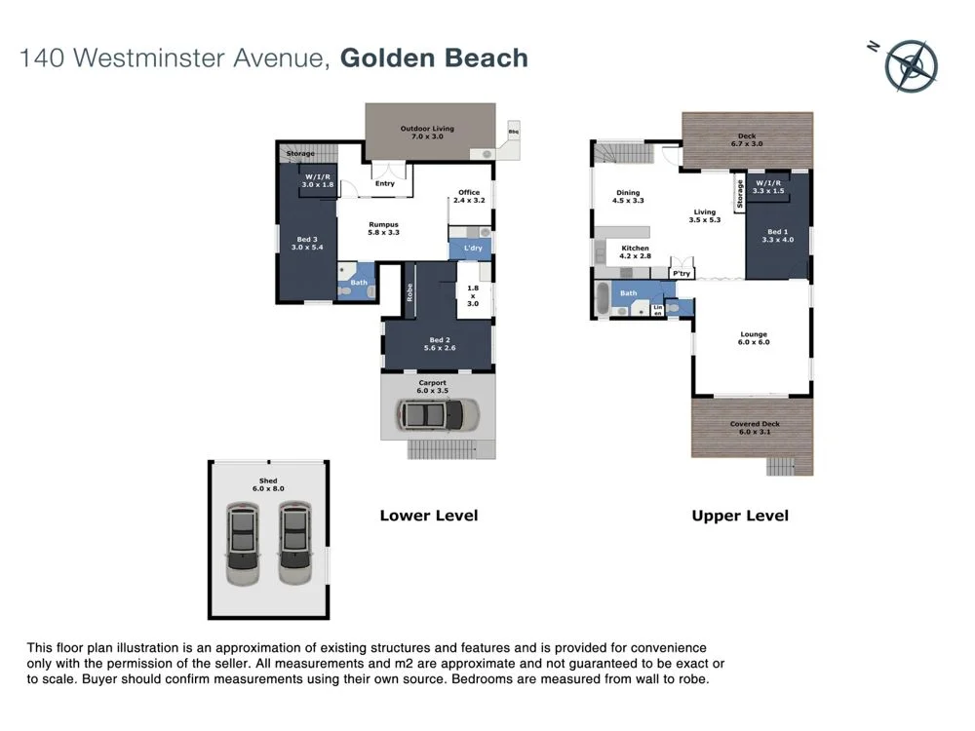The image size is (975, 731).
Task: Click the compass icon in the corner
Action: [x=912, y=65]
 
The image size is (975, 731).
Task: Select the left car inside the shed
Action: [x=244, y=543]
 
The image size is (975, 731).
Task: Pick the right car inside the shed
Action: [x=293, y=543]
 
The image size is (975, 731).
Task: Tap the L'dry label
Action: [x=473, y=249]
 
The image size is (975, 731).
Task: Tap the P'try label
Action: [x=682, y=274]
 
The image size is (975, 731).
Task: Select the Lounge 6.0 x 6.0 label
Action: [x=754, y=338]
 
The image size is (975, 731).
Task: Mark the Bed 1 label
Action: [x=777, y=235]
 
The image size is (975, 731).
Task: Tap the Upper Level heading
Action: [x=740, y=516]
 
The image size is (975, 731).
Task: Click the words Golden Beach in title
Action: [x=434, y=58]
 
